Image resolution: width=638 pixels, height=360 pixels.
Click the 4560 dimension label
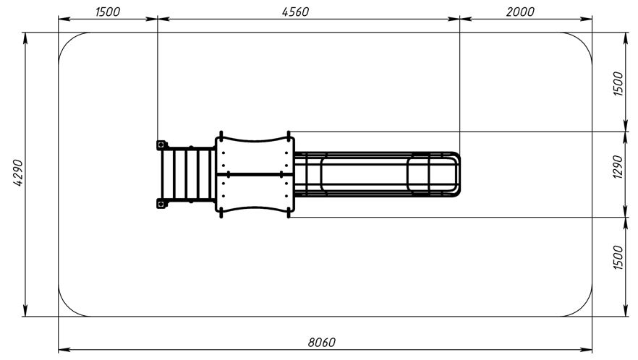coord(295,12)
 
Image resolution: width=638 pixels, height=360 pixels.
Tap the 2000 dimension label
coord(520,12)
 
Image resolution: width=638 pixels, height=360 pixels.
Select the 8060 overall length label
coord(321,343)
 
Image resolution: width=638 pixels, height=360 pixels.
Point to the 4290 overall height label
coord(19,173)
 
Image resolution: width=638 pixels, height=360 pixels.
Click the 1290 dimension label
coord(618,167)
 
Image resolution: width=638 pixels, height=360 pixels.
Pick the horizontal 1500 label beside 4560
coord(108,12)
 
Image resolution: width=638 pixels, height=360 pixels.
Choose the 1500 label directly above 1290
coord(618,83)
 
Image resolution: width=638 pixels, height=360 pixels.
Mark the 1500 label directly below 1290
coord(618,257)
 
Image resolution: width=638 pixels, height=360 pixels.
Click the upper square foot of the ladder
coord(161,145)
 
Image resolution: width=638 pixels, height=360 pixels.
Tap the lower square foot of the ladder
coord(161,203)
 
